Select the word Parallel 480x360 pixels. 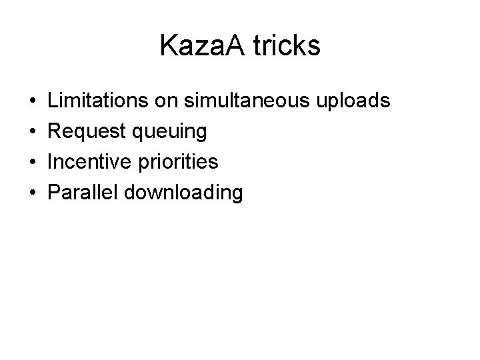coord(81,193)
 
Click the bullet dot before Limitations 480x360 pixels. coord(33,102)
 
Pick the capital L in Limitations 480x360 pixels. coord(54,101)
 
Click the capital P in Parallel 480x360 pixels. coord(55,193)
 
